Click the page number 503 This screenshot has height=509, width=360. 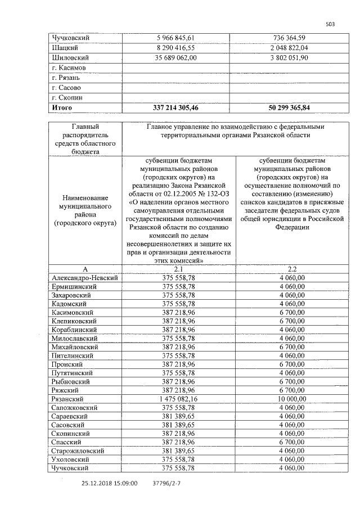coord(330,24)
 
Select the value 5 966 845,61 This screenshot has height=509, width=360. coord(179,37)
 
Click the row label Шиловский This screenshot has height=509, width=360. coord(71,57)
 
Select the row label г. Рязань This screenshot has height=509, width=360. coord(67,78)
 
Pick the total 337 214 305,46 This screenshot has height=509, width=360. coord(179,107)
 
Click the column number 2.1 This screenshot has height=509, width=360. coord(179,269)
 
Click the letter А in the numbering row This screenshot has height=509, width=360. coord(85,269)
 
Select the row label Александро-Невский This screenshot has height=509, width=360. coord(84,278)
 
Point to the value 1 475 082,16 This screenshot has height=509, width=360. coord(179,399)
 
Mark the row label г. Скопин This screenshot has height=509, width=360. coord(67,97)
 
